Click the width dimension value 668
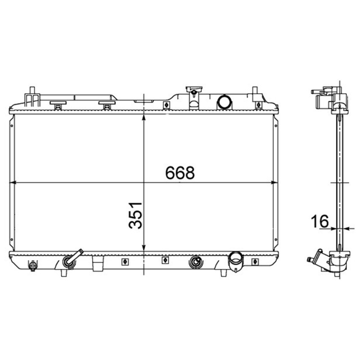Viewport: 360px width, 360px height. click(x=180, y=173)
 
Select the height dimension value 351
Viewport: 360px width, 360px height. click(x=135, y=215)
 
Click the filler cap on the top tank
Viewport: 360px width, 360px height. click(x=193, y=92)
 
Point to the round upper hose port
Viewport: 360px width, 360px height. click(x=224, y=103)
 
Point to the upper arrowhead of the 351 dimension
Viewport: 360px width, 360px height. click(x=144, y=117)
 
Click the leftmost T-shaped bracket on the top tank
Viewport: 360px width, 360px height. click(x=58, y=104)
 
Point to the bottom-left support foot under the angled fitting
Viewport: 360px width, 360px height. click(x=64, y=273)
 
